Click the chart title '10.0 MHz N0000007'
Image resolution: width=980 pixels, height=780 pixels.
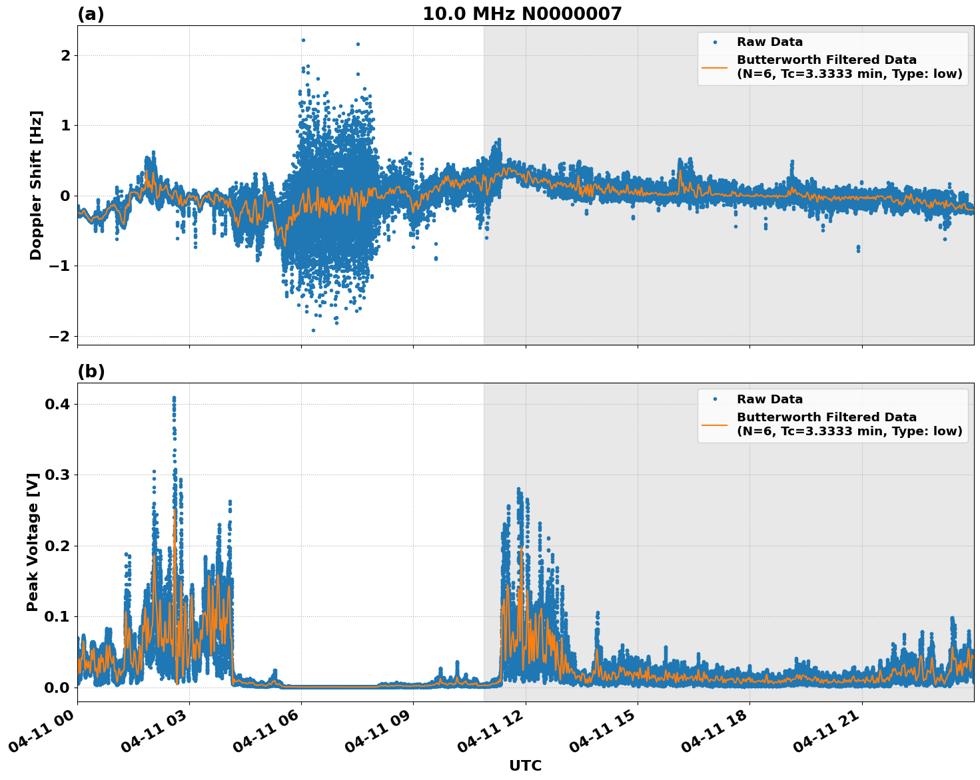coord(522,14)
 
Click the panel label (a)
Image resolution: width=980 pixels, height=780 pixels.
coord(91,14)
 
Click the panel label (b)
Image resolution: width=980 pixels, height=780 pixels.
coord(91,371)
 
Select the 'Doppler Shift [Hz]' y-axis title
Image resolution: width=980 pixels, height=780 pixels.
coord(36,185)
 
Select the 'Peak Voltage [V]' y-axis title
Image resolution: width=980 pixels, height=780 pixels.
coord(33,542)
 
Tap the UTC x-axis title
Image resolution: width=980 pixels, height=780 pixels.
coord(525,765)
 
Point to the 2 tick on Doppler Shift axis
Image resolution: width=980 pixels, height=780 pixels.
coord(65,55)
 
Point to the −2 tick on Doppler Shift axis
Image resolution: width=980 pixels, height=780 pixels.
coord(59,336)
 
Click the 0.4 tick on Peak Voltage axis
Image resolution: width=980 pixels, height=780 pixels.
coord(57,404)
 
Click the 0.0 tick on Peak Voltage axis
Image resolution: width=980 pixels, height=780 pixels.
coord(57,687)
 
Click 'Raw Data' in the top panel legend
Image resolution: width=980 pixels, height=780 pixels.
coord(769,42)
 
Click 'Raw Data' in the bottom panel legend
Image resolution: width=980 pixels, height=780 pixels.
coord(769,399)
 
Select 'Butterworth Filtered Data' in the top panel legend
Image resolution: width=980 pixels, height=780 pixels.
coord(826,60)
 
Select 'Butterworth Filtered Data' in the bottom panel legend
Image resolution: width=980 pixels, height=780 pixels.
coord(826,417)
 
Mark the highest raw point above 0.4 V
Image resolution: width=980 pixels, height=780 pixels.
coord(174,398)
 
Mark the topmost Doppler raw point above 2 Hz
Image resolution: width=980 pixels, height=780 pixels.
coord(303,40)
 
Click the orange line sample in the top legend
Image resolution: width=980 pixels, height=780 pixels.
coord(715,67)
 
